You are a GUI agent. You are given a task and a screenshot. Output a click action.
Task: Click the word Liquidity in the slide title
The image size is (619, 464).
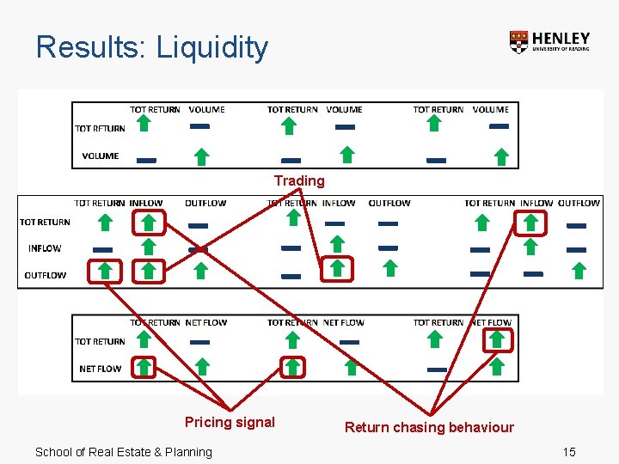(211, 47)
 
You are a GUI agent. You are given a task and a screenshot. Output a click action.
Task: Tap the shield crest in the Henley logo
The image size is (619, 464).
(518, 42)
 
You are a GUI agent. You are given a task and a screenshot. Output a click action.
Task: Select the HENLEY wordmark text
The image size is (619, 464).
(561, 39)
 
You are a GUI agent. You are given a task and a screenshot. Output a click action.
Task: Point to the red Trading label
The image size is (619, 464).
(299, 180)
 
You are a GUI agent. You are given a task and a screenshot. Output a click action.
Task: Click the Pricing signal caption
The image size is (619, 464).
(230, 422)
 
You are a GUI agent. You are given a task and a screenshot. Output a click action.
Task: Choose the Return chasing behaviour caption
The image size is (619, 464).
(429, 427)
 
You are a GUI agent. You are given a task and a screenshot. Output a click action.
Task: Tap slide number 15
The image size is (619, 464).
(568, 452)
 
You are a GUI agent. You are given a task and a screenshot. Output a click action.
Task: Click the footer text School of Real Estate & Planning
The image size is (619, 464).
(123, 452)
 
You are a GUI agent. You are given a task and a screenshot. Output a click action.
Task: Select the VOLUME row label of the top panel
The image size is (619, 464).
(101, 156)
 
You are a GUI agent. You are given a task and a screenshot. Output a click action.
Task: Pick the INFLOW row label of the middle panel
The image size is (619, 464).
(45, 248)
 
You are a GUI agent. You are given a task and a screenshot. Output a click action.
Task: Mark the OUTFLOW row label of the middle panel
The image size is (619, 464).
(45, 276)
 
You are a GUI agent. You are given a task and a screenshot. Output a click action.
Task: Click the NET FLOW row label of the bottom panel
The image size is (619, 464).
(101, 369)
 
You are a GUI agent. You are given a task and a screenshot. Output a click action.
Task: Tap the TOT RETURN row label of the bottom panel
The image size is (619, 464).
(100, 341)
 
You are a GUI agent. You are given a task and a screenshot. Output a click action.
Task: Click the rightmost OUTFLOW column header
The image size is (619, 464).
(579, 204)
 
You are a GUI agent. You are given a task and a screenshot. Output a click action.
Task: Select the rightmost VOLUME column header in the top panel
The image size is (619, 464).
(491, 110)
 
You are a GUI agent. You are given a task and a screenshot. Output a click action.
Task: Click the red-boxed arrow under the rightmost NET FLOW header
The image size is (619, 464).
(497, 340)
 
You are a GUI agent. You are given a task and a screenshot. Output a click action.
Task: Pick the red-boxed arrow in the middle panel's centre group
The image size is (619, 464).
(337, 269)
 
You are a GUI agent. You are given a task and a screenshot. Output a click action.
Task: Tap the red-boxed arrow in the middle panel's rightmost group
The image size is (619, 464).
(530, 223)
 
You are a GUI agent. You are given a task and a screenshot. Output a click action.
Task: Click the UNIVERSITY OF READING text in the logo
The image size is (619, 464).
(561, 50)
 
